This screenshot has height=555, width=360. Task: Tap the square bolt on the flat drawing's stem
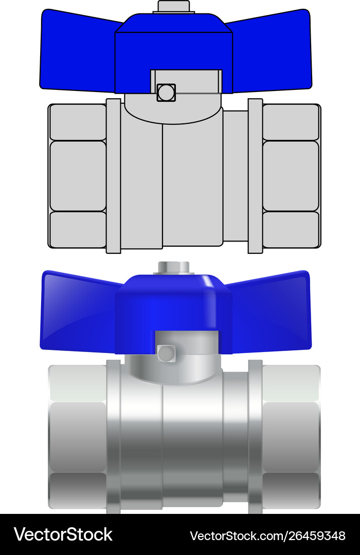[x=166, y=92]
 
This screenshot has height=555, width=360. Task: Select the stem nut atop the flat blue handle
[x=174, y=7]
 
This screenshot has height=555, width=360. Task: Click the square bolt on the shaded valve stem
[x=166, y=353]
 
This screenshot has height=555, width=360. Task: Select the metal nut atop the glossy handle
[x=174, y=268]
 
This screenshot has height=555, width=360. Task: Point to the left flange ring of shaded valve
[x=113, y=437]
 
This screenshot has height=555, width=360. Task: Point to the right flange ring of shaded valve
[x=255, y=437]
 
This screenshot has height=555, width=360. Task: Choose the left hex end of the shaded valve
[x=77, y=437]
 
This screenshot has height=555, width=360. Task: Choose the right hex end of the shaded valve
[x=291, y=437]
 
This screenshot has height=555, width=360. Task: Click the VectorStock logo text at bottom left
[x=63, y=534]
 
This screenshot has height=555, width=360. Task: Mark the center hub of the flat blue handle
[x=174, y=46]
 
